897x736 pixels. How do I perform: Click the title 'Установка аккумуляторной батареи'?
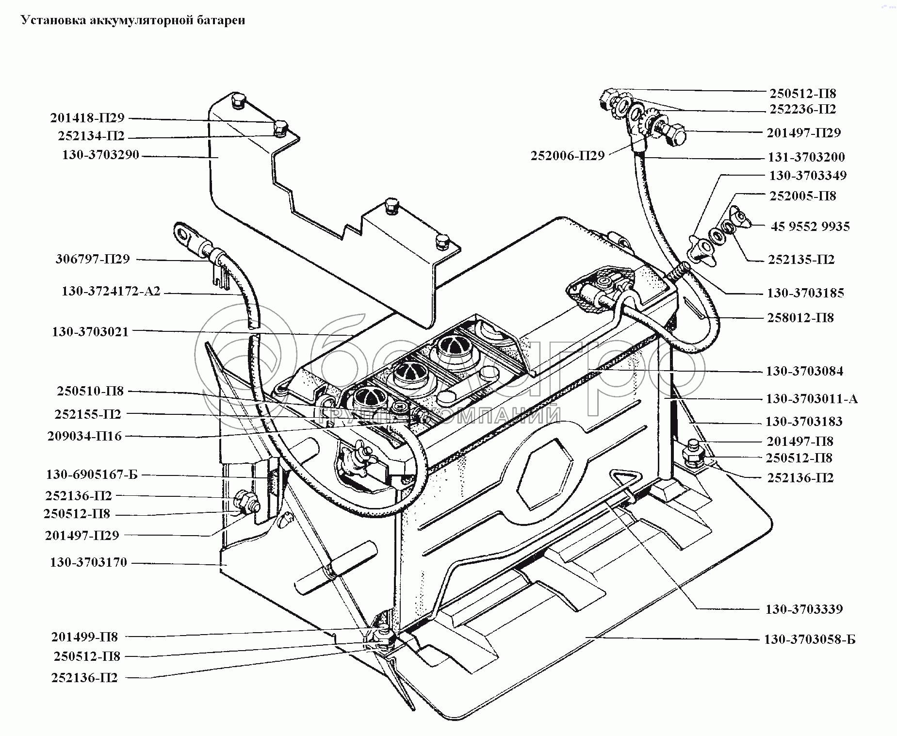pos(132,20)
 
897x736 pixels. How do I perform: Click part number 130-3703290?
pos(100,155)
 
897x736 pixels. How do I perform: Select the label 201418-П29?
pos(87,118)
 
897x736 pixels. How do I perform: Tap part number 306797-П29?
pos(93,259)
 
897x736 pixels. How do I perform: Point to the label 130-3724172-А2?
pos(111,292)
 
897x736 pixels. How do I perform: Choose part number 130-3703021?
pos(90,332)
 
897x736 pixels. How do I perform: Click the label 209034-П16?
pos(84,436)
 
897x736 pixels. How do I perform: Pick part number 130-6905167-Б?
pos(92,474)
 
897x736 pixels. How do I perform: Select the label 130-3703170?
pos(88,562)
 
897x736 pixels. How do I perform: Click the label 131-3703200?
pos(806,157)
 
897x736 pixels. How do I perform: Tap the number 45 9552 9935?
pos(810,227)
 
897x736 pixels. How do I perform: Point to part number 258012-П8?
pos(800,318)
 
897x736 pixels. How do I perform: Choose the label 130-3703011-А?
pos(812,399)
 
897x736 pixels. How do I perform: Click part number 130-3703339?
pos(804,609)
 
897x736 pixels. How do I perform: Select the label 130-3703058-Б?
pos(810,639)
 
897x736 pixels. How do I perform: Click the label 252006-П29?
pos(568,156)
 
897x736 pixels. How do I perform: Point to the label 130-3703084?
pos(804,372)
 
